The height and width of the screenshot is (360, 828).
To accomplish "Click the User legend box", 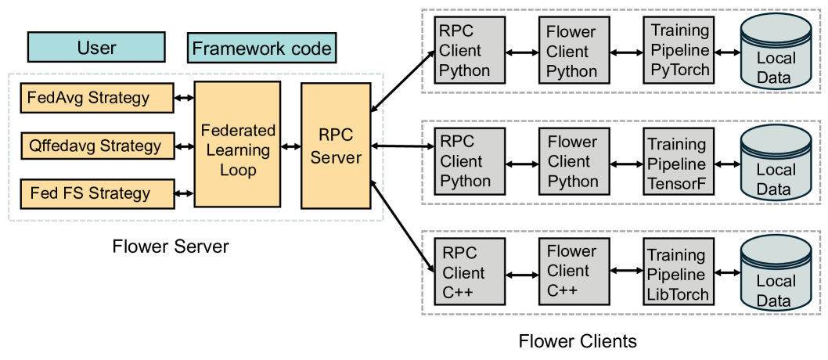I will [96, 48].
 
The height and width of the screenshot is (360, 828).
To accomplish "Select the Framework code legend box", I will [262, 48].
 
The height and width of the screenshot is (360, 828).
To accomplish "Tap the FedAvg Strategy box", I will [96, 98].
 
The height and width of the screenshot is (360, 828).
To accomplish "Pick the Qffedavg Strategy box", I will [96, 146].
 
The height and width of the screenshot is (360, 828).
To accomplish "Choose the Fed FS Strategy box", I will [96, 193].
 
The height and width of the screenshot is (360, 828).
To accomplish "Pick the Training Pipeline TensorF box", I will [677, 163].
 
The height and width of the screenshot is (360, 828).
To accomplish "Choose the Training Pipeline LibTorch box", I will [677, 274].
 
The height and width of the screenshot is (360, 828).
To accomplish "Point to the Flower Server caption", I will [171, 247].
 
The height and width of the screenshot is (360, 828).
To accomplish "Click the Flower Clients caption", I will [578, 341].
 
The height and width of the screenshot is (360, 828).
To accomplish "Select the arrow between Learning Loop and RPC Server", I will [291, 146].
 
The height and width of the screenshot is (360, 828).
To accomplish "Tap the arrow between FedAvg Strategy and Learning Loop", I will [184, 98].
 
